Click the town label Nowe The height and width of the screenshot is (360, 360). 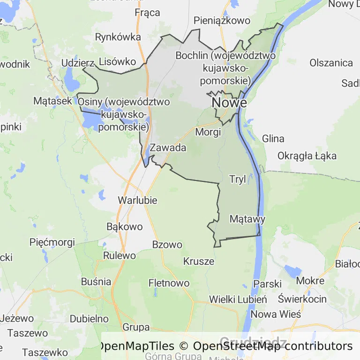(x=229, y=102)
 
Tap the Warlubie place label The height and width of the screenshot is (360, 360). (x=137, y=200)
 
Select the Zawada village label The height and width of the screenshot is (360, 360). (x=168, y=148)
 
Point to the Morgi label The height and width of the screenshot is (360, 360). (x=208, y=132)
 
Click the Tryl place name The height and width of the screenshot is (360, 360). (x=238, y=179)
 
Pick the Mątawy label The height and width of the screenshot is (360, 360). (x=247, y=219)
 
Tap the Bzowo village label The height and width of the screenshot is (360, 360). (x=167, y=244)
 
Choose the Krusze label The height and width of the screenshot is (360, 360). (x=199, y=261)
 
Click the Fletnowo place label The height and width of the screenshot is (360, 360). (x=169, y=283)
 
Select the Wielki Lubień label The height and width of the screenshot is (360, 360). (x=238, y=299)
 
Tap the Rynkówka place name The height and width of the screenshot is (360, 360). (x=118, y=37)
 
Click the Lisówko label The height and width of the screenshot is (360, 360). (x=118, y=61)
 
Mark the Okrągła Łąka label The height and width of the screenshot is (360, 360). (x=307, y=156)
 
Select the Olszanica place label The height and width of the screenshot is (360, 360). (x=331, y=63)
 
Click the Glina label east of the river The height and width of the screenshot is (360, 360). (x=273, y=138)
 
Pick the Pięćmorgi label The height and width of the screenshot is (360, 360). (x=52, y=242)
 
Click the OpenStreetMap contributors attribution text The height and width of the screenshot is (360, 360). (x=273, y=346)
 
